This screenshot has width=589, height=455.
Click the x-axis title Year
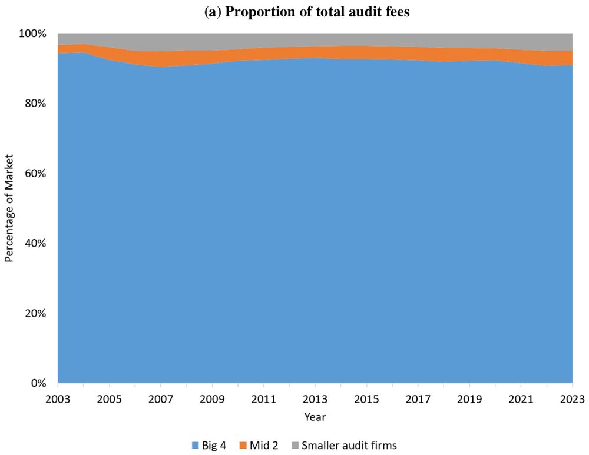tap(315, 417)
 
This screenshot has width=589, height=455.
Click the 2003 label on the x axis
tap(58, 399)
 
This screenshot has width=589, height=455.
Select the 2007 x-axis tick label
tap(161, 399)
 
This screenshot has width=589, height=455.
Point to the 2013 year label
tap(315, 399)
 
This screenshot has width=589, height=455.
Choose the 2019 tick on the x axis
tap(469, 399)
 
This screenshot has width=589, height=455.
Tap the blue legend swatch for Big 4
tap(196, 446)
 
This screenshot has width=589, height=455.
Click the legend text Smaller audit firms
tap(349, 446)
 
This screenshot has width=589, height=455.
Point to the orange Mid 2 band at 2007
tap(161, 59)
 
